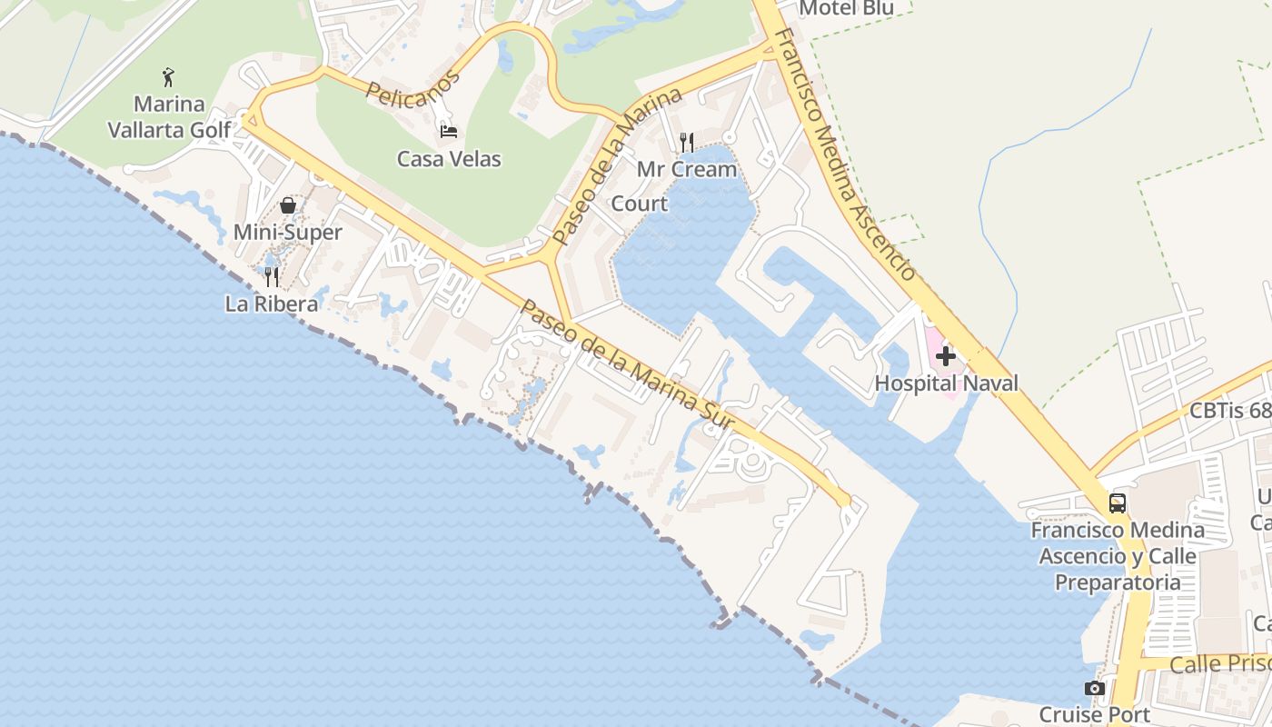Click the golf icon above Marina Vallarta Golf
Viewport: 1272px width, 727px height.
[168, 76]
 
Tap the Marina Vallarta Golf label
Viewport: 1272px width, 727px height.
[170, 117]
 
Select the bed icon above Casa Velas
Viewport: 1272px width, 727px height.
[449, 131]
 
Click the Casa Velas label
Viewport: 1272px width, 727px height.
[449, 159]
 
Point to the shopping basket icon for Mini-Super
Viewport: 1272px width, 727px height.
[288, 205]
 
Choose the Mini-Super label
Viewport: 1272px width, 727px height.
[287, 233]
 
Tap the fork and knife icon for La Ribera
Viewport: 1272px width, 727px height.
[271, 276]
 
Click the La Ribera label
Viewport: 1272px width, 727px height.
[272, 304]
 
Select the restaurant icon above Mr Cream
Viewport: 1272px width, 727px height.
[687, 142]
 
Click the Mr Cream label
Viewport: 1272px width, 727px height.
[687, 169]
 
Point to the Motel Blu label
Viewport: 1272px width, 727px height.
[846, 8]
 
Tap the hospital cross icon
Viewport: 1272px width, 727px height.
[946, 356]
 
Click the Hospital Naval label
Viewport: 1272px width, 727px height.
[946, 383]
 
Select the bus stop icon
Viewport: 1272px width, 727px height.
[1118, 503]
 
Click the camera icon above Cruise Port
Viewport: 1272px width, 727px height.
[1095, 688]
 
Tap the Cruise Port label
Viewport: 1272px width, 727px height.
[1095, 714]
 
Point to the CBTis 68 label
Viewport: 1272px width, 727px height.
[1230, 411]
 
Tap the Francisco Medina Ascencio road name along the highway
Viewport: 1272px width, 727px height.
[845, 154]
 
